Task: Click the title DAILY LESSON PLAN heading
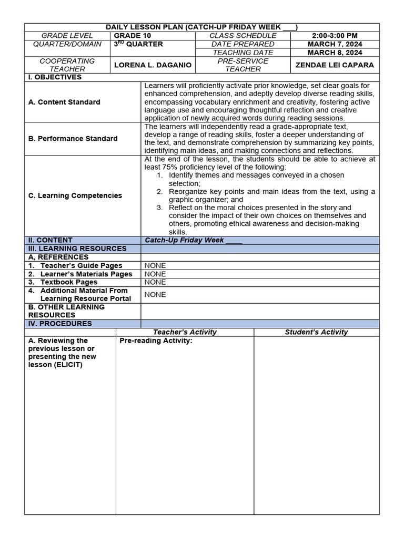pos(201,27)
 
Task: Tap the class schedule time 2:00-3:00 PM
pos(335,36)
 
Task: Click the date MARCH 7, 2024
pos(335,44)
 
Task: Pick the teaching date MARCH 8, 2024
pos(335,53)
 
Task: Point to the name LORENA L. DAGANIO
pos(153,65)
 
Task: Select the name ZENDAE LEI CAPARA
pos(335,65)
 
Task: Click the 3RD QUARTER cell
pos(138,44)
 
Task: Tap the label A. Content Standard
pos(64,102)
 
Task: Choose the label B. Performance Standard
pos(73,139)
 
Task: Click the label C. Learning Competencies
pos(75,195)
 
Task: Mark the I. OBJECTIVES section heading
pos(55,77)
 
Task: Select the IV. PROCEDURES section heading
pos(59,324)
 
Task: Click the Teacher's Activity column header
pos(185,332)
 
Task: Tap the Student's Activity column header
pos(316,332)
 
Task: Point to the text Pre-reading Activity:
pos(156,341)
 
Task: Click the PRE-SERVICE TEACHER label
pos(243,65)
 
